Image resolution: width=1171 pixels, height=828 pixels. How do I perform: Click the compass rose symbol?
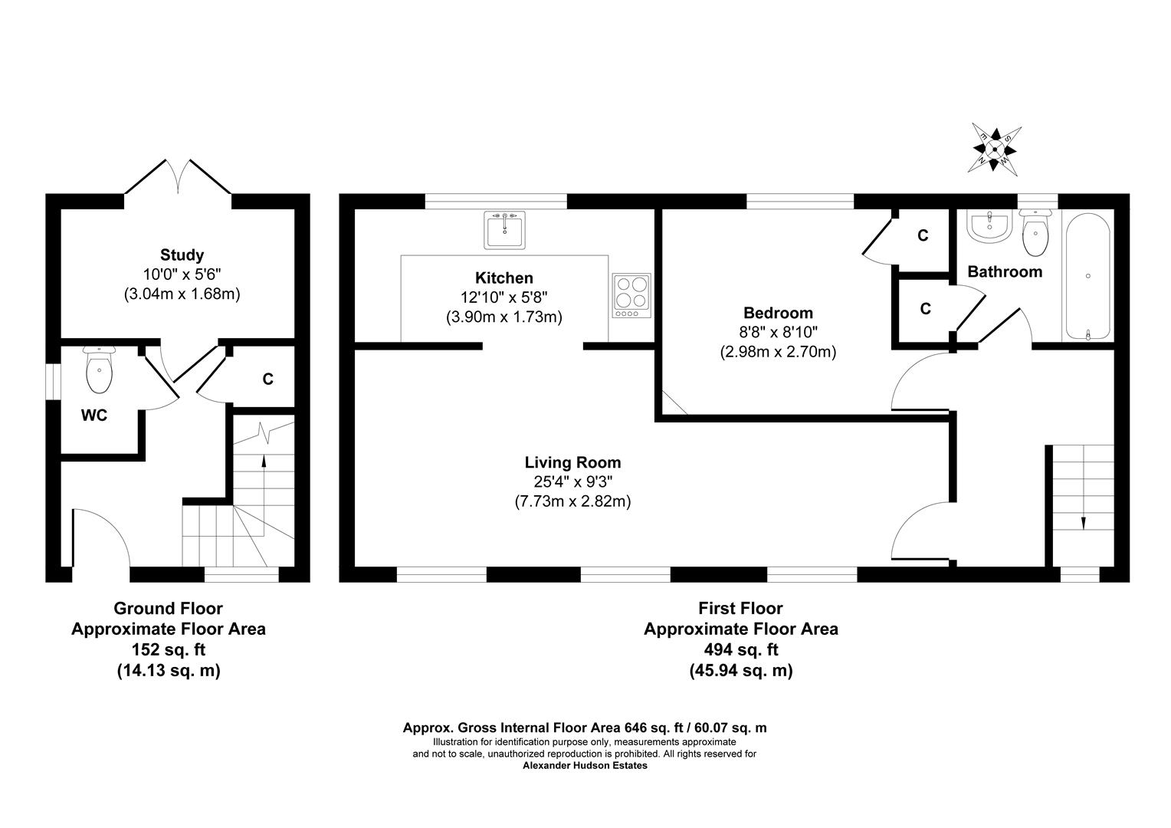995,148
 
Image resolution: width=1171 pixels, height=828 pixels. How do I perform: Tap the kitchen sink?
505,230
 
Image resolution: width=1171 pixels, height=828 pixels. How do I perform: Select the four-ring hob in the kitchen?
631,295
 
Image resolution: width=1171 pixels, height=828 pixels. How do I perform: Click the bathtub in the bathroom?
1087,276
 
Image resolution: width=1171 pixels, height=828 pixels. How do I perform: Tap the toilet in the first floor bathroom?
1035,233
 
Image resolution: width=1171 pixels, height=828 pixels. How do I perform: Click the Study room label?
182,255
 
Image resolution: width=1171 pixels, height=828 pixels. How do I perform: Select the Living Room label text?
572,462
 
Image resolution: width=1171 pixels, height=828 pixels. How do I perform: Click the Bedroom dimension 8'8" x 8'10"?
778,333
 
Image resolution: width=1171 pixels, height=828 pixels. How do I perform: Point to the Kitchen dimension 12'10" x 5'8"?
503,297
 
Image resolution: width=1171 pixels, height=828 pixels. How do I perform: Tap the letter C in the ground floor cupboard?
267,379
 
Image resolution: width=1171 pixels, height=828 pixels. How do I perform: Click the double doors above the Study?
178,178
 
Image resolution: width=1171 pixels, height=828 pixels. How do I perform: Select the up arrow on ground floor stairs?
264,462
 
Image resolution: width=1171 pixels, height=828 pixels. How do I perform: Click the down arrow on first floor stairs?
1083,523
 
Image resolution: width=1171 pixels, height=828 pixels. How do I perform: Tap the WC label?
94,416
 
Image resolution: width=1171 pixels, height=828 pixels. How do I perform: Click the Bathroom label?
1004,271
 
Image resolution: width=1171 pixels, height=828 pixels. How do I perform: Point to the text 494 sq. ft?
740,649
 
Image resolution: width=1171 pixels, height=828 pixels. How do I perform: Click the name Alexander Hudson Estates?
585,765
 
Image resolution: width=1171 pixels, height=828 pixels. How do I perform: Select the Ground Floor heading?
168,608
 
